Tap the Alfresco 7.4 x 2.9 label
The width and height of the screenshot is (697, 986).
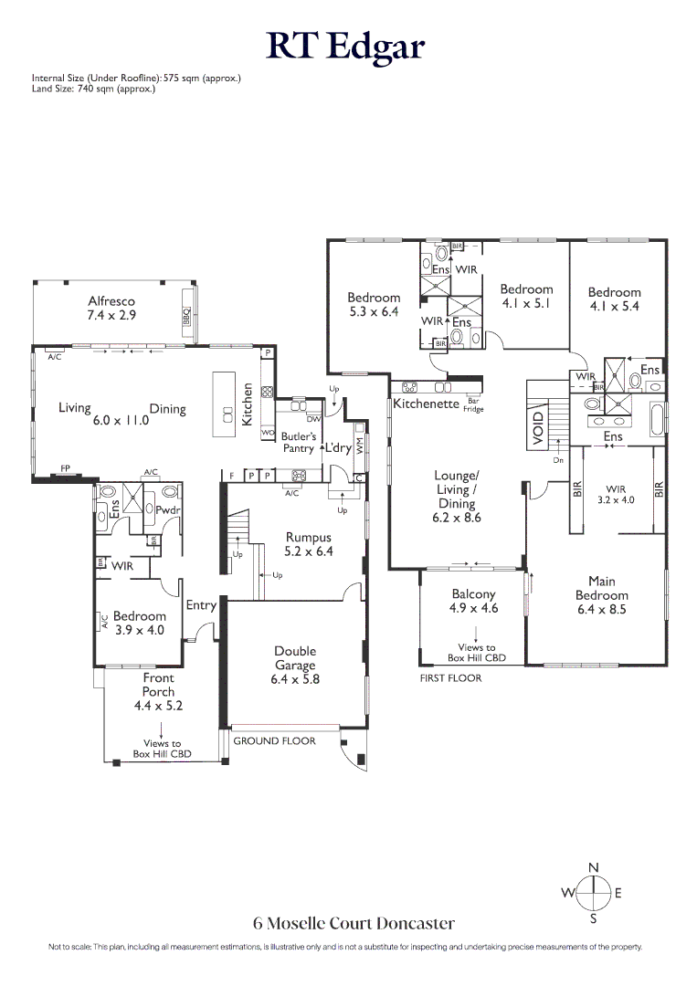pos(111,308)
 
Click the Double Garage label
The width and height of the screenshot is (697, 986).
pos(295,665)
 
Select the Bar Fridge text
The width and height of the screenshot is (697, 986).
pos(473,404)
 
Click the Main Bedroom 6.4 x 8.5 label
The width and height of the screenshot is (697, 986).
pos(601,595)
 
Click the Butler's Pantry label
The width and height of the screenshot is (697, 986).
pos(298,443)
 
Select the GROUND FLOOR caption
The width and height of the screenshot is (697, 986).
pos(274,740)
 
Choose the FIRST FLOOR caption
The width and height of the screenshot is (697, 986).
pos(450,678)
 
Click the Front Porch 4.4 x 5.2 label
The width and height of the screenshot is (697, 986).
pos(158,691)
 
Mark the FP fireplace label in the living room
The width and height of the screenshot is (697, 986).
pos(66,467)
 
